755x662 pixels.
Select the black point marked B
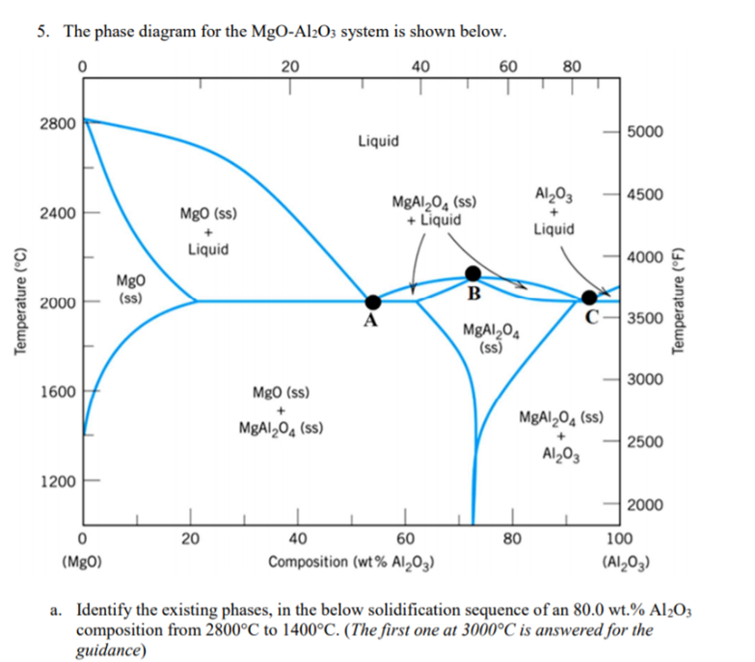[473, 274]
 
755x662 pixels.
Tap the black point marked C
[589, 298]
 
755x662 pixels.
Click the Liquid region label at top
[378, 142]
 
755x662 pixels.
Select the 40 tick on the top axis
[420, 66]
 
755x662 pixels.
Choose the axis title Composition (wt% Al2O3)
[353, 562]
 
